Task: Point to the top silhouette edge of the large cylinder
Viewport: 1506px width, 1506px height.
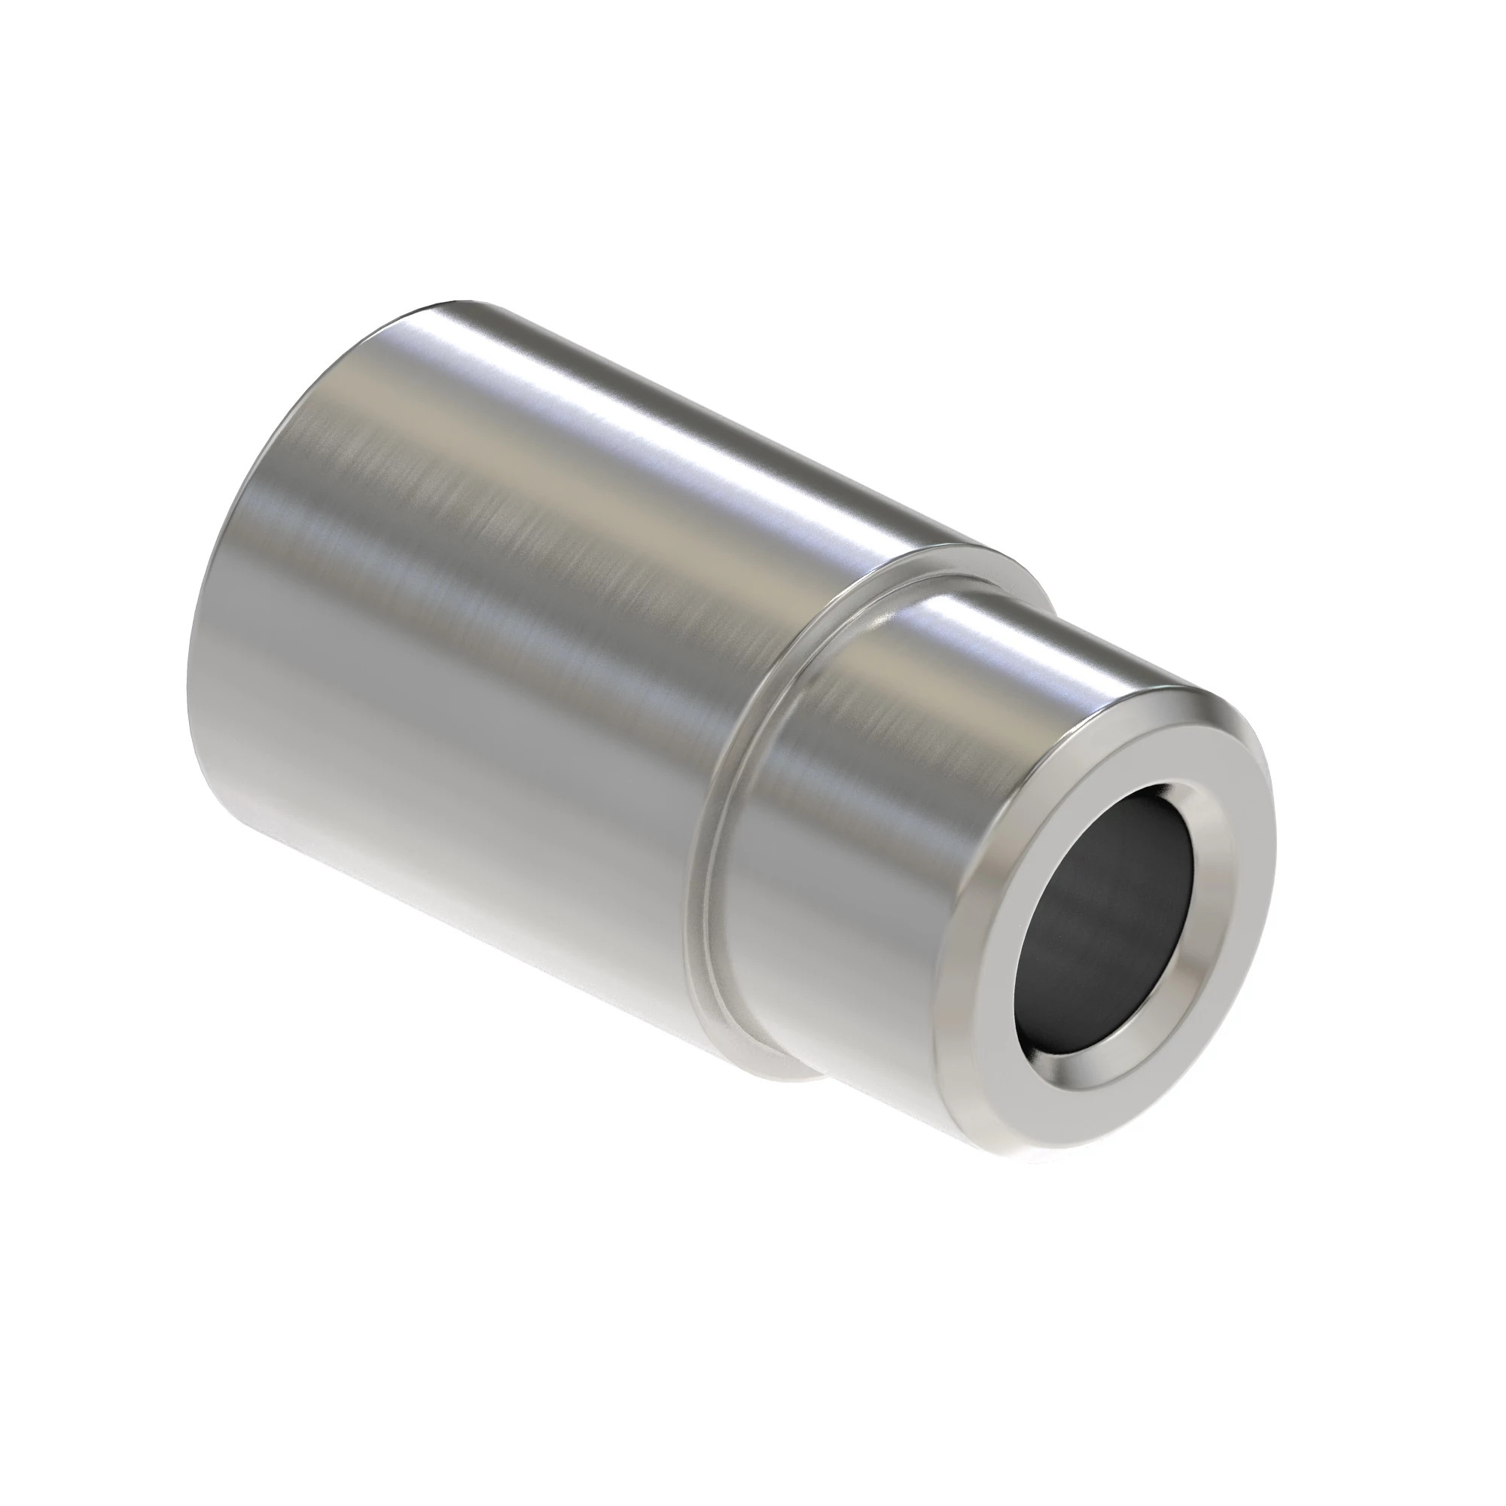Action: [702, 405]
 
